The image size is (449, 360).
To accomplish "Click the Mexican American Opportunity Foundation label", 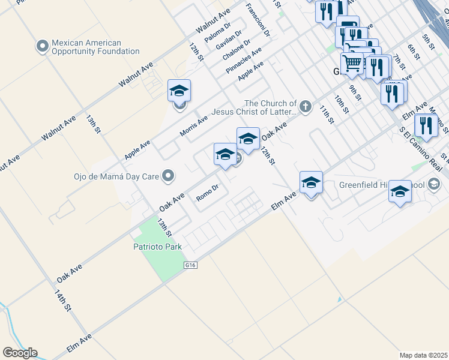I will (95, 47).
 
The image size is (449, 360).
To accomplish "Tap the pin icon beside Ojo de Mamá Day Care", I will (169, 176).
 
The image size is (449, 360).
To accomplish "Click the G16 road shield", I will (191, 264).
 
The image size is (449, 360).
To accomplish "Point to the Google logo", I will (20, 353).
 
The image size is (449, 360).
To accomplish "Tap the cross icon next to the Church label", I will (306, 107).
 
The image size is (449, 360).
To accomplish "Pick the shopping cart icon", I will (352, 63).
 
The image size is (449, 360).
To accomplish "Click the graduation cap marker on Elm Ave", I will (311, 182).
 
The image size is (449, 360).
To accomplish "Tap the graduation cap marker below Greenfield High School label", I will (400, 192).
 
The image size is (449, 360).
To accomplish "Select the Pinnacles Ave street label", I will (244, 59).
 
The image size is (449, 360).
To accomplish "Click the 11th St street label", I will (326, 114).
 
